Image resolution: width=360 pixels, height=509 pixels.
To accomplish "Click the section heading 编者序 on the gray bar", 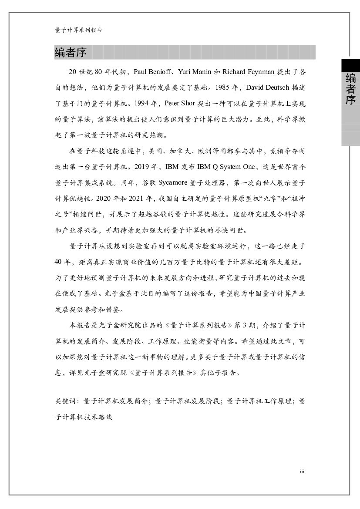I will pos(71,53).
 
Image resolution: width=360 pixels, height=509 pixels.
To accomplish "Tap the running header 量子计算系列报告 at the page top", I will pos(79,30).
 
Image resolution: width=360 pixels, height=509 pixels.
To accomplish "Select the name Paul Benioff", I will pos(151,72).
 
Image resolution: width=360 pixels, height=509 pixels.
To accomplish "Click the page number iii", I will pos(302,472).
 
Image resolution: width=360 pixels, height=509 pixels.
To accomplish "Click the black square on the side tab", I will pos(350,65).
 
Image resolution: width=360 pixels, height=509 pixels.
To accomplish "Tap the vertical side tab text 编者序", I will pos(350,89).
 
